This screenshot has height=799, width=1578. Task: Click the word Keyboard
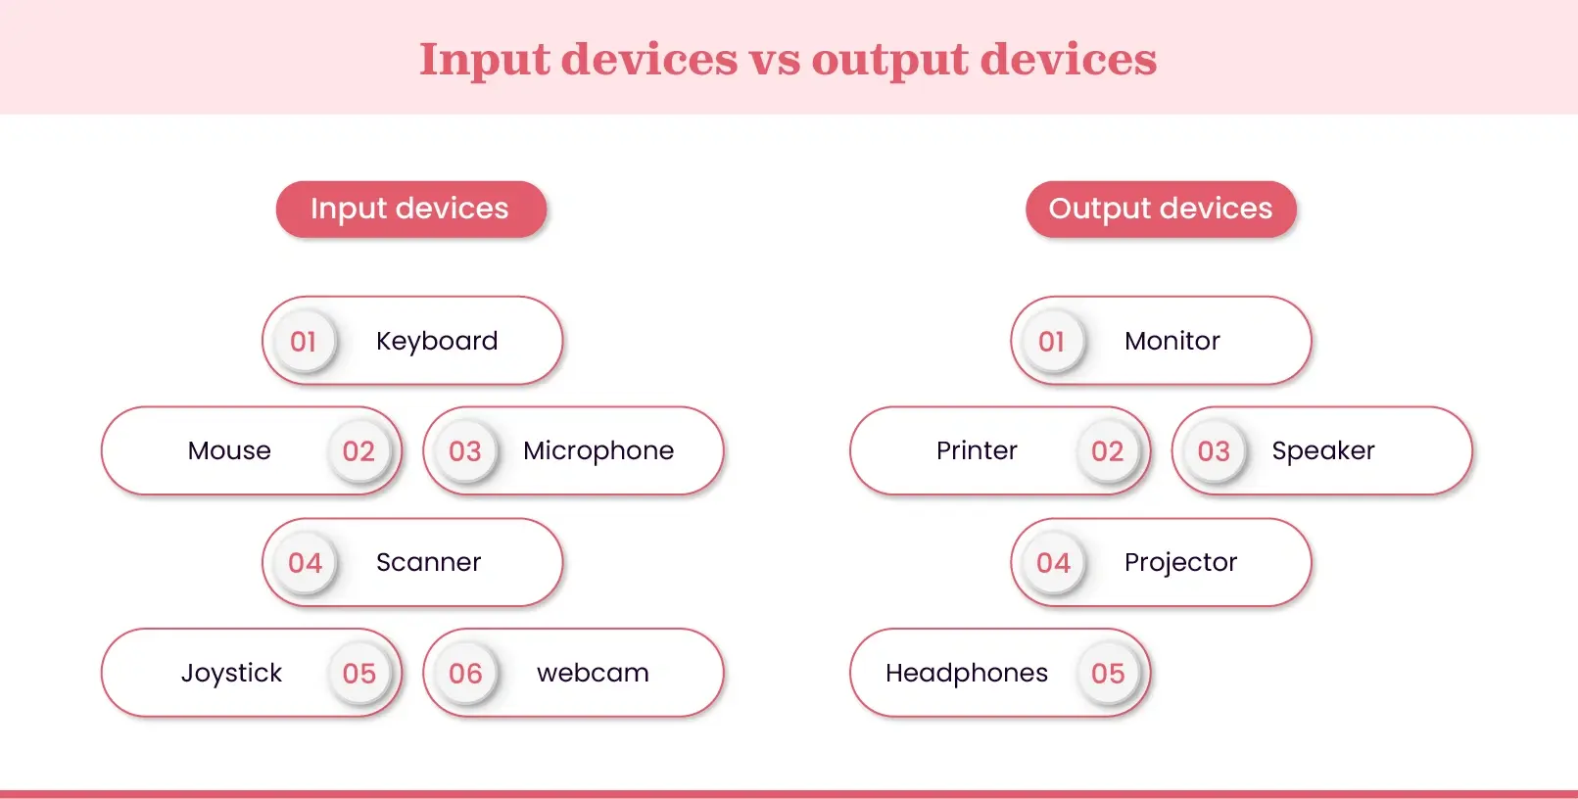coord(437,341)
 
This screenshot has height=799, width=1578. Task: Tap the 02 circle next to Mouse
coord(359,451)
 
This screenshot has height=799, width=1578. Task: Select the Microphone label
coord(598,450)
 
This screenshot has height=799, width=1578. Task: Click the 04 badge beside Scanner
coord(305,563)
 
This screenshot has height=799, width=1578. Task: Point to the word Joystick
coord(231,673)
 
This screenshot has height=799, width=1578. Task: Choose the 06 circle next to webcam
coord(465,674)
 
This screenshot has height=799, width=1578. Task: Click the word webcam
coord(593,673)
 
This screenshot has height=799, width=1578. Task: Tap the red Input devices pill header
coord(410,209)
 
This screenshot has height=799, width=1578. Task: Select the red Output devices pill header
coord(1161,209)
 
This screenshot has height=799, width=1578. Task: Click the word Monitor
coord(1172,341)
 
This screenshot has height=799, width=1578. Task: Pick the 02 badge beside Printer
coord(1108,451)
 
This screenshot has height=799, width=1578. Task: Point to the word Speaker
coord(1323,450)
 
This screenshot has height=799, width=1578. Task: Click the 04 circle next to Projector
coord(1053,563)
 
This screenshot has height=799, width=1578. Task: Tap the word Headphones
coord(967,673)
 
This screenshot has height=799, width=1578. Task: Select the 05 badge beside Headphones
coord(1108,674)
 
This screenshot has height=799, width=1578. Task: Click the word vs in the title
coord(774,60)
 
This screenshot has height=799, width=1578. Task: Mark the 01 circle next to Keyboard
coord(304,342)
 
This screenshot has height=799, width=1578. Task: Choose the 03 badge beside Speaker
coord(1214,451)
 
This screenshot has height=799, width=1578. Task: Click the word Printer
coord(977,450)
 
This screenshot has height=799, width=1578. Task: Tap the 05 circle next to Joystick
coord(359,674)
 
